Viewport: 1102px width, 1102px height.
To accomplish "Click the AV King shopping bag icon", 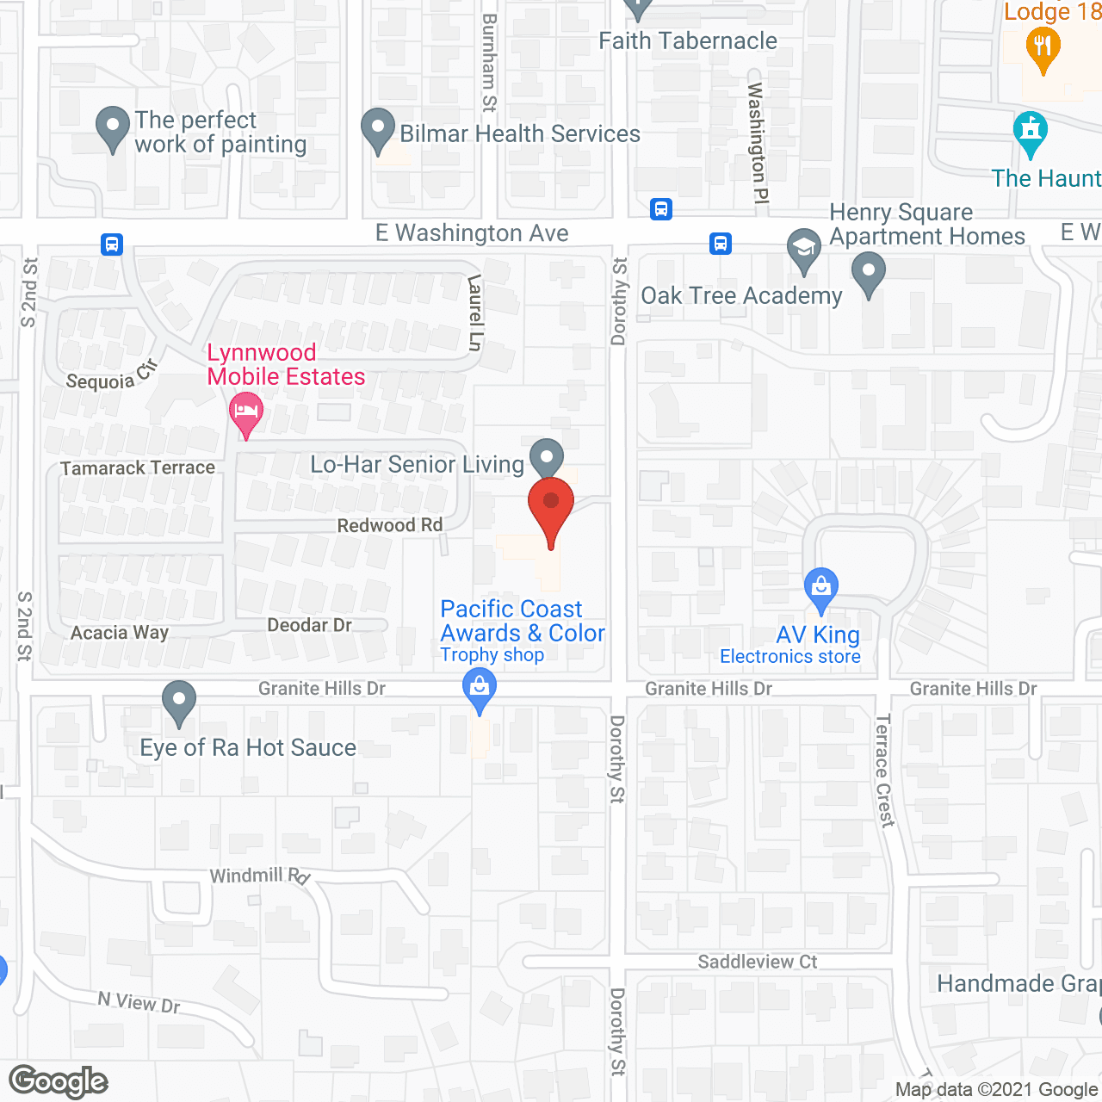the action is coord(821,588).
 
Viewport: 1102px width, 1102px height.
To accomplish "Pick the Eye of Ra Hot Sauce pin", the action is coord(179,701).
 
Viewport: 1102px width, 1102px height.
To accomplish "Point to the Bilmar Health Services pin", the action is coord(377,128).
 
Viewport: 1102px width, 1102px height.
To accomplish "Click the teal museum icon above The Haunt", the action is coord(1031,131).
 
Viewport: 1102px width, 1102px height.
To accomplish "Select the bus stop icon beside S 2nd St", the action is coord(112,245).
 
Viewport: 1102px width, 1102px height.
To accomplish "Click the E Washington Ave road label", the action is coord(472,233).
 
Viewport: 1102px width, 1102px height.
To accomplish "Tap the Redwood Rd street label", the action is coord(389,525).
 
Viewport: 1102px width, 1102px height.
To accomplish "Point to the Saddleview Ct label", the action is coord(757,962).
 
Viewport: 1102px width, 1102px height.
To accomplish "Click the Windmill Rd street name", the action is coord(259,876).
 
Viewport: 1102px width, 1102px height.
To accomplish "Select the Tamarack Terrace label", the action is coord(138,467).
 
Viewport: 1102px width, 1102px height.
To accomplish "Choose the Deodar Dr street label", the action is coord(309,625).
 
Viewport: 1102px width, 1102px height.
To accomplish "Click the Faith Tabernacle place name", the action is coord(687,40).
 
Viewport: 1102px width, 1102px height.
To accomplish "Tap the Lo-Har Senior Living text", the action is coord(417,465).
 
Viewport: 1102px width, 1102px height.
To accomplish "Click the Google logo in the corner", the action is coord(59,1081).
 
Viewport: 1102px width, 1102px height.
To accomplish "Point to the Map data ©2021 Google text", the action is coord(997,1090).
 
